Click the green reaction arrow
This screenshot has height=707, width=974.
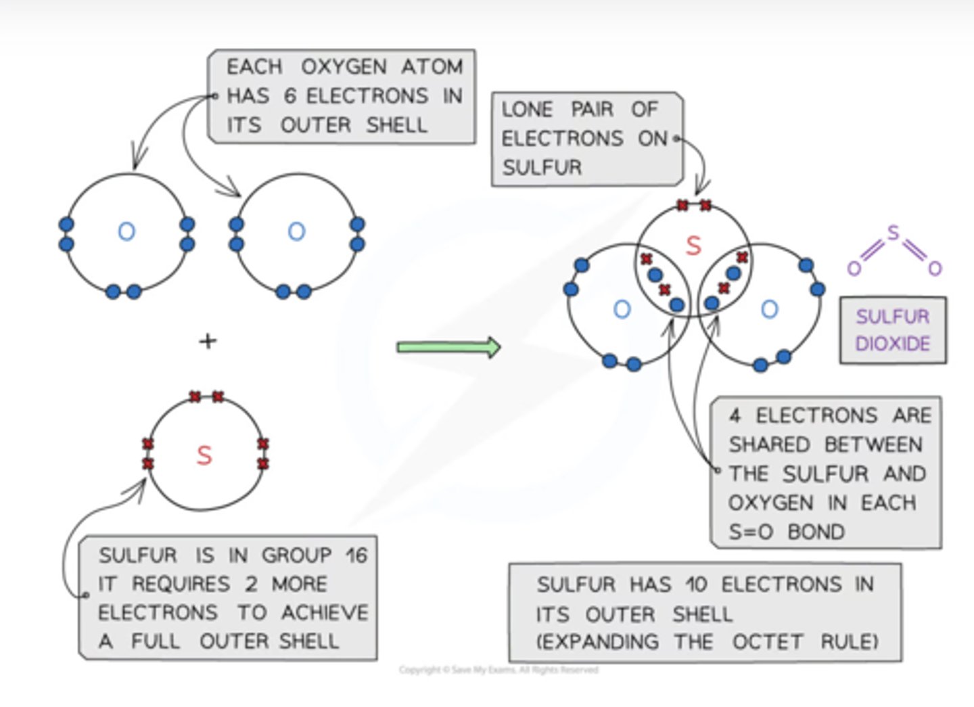[x=448, y=347]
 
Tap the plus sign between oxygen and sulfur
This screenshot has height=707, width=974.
[x=208, y=341]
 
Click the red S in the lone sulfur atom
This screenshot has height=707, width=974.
[x=204, y=455]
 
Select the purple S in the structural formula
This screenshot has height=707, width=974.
[x=893, y=233]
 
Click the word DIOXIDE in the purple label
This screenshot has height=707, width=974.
[x=892, y=344]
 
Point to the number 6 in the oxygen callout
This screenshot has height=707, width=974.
[x=289, y=96]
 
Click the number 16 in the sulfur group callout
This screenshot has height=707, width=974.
[x=356, y=555]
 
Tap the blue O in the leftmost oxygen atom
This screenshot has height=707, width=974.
[x=126, y=232]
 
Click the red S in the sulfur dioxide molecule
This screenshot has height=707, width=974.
[x=693, y=246]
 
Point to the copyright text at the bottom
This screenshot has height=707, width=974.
[x=498, y=670]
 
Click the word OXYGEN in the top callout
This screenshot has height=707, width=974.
[x=344, y=67]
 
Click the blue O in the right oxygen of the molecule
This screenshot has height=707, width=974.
[x=769, y=310]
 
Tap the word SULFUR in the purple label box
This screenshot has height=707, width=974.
[x=892, y=317]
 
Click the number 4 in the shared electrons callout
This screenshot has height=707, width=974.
[x=735, y=415]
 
